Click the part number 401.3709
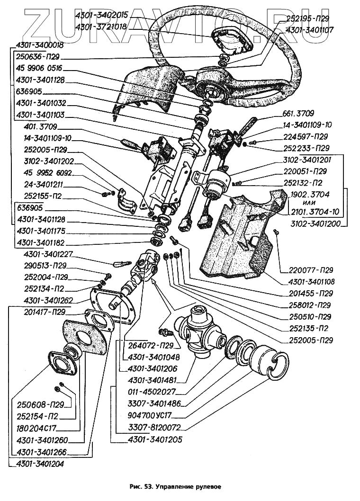point(40,127)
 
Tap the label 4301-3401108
point(310,282)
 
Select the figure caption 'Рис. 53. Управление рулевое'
point(175,486)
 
